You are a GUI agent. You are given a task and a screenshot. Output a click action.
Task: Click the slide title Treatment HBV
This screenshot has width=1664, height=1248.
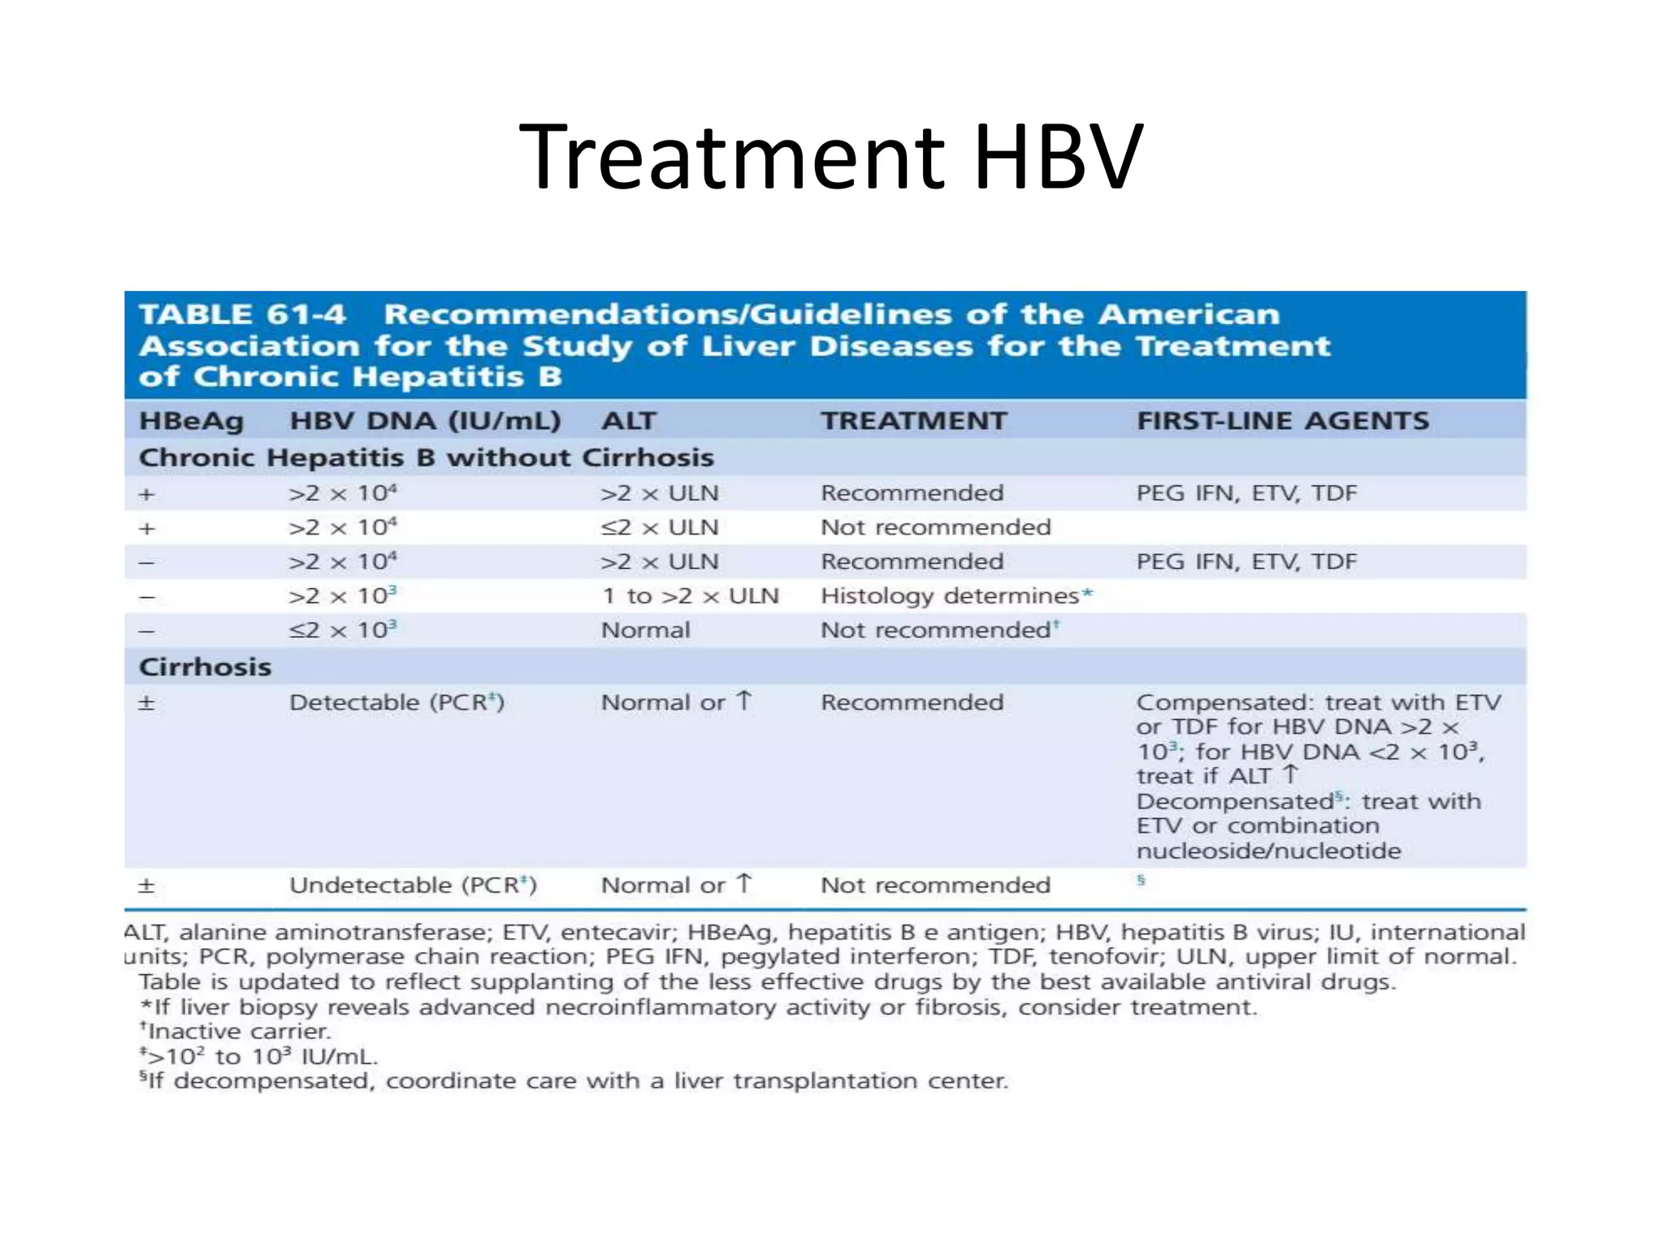tap(831, 157)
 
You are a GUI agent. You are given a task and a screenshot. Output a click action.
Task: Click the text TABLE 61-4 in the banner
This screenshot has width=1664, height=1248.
tap(242, 314)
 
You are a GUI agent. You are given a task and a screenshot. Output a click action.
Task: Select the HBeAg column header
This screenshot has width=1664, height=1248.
tap(191, 421)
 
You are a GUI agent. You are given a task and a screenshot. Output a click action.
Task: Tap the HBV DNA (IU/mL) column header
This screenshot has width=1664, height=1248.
tap(425, 421)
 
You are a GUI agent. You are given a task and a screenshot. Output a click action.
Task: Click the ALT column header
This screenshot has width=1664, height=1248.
tap(628, 421)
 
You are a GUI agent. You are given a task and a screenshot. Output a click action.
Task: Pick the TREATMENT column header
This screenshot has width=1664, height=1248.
tap(913, 421)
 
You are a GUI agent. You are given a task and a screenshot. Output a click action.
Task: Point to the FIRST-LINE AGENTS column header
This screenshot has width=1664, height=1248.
tap(1282, 421)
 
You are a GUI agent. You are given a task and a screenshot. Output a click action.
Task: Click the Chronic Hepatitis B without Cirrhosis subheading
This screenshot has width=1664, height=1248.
tap(426, 457)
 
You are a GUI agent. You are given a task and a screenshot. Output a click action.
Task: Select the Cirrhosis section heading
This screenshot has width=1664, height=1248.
tap(205, 667)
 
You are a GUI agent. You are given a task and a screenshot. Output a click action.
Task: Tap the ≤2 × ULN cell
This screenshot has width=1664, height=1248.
tap(659, 528)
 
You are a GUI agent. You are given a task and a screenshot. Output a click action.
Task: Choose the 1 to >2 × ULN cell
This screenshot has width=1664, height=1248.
tap(690, 596)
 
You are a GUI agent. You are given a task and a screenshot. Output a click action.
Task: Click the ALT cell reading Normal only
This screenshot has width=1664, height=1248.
tap(645, 630)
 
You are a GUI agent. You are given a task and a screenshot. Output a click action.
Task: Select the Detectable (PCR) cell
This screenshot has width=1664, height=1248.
tap(396, 703)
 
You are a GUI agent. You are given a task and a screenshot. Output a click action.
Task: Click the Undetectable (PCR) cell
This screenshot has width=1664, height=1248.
tap(413, 886)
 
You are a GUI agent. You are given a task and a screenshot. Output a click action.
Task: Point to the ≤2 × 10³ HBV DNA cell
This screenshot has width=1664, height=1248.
tap(342, 630)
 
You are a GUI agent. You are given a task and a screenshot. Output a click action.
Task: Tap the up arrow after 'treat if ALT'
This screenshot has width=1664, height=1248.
tap(1290, 775)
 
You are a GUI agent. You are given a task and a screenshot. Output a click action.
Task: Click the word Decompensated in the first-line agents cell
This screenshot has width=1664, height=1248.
tap(1234, 802)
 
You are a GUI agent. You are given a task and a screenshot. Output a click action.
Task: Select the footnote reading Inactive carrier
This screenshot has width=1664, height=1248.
tap(238, 1032)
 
